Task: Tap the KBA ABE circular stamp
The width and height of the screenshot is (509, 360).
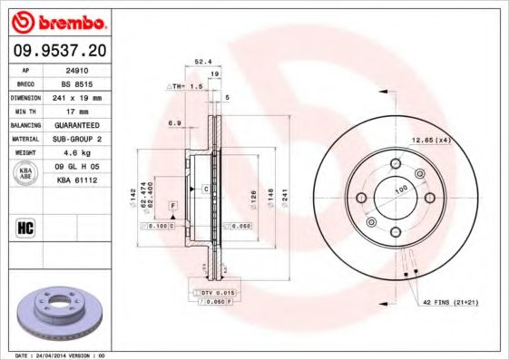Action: coord(26,173)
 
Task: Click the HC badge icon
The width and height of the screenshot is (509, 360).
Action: coord(24,228)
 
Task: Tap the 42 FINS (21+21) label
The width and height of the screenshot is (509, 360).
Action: coord(448,300)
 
